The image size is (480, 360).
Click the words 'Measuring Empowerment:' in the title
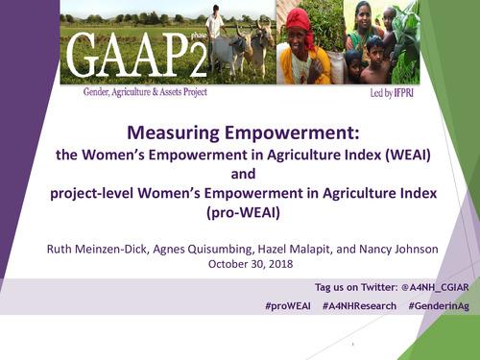click(x=239, y=134)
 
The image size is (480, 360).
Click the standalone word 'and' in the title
click(x=239, y=175)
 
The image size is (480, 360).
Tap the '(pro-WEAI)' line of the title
click(x=239, y=213)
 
